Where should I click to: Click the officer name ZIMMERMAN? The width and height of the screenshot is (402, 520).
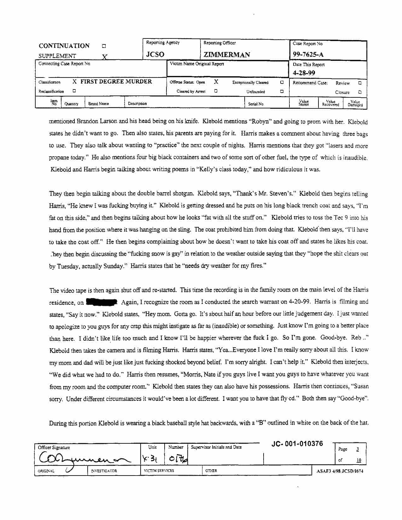coord(227,55)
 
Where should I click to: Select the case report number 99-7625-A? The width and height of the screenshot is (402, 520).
coord(308,54)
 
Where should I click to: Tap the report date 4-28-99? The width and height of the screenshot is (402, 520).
coord(304,73)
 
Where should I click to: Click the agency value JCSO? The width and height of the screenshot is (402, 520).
coord(155,55)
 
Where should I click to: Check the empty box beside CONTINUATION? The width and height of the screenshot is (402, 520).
coord(104,46)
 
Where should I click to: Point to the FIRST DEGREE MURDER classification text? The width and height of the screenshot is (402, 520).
coord(116,82)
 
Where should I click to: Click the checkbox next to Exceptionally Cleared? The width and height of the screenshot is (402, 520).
coord(282,82)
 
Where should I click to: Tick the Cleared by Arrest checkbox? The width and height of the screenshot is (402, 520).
coord(216,91)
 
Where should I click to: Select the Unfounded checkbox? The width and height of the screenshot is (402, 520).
coord(282,91)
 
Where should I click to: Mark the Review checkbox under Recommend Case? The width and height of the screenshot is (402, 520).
coord(360,83)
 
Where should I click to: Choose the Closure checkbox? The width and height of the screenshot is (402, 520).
coord(360,92)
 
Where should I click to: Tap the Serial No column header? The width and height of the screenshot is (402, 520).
coord(256,104)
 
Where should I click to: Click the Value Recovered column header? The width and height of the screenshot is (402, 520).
coord(330,103)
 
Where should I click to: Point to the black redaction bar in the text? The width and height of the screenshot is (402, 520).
coord(102,302)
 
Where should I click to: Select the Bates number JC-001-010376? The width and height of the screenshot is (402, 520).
coord(297,444)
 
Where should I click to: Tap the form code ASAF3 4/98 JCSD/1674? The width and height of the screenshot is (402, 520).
coord(340,471)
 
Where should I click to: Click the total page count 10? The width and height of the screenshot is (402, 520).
coord(359,460)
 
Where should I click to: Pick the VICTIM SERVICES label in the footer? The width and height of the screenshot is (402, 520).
coord(159,471)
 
